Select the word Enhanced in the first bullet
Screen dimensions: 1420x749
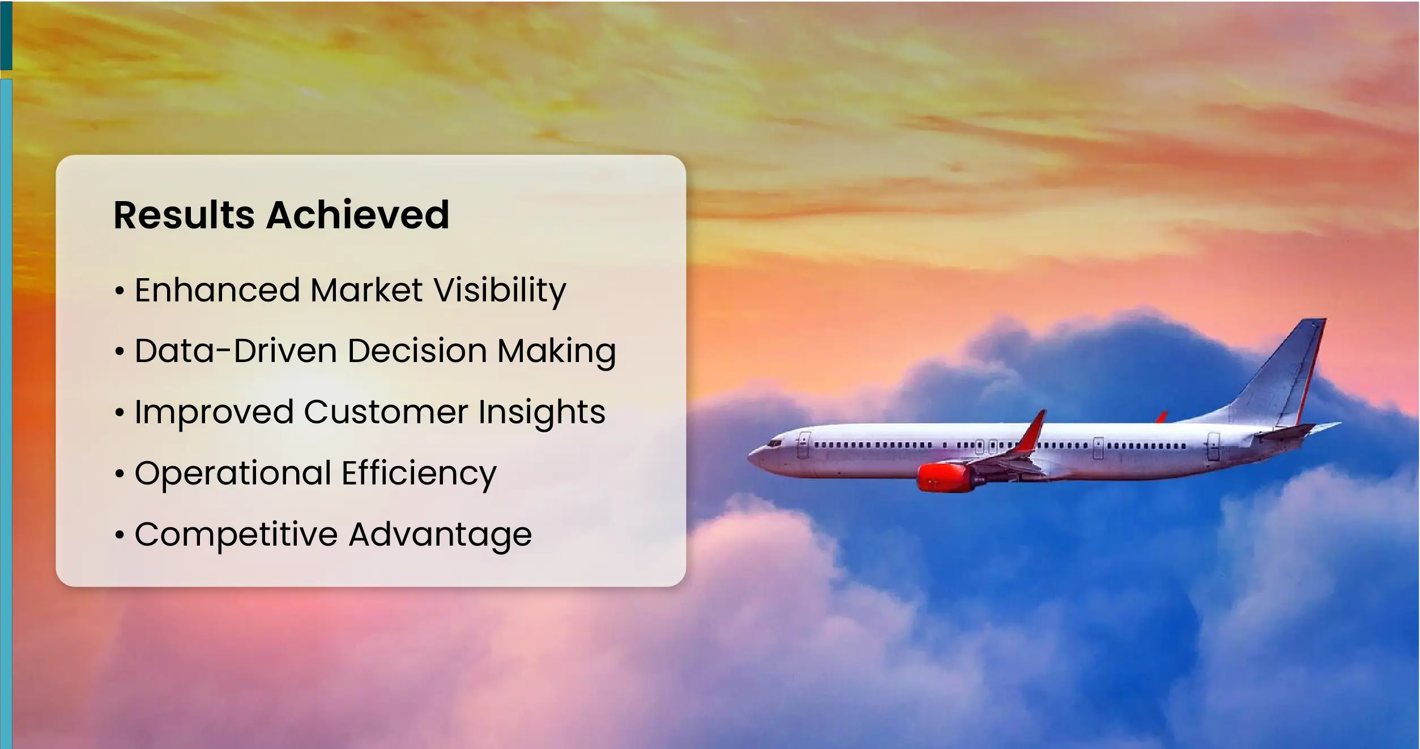click(218, 290)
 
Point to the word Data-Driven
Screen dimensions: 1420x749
click(236, 351)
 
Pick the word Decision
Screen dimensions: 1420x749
click(417, 351)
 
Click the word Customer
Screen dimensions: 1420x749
click(386, 412)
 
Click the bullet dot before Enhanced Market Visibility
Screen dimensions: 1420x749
click(119, 291)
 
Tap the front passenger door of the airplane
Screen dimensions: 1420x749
click(803, 445)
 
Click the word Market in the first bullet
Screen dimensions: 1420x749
click(366, 290)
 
